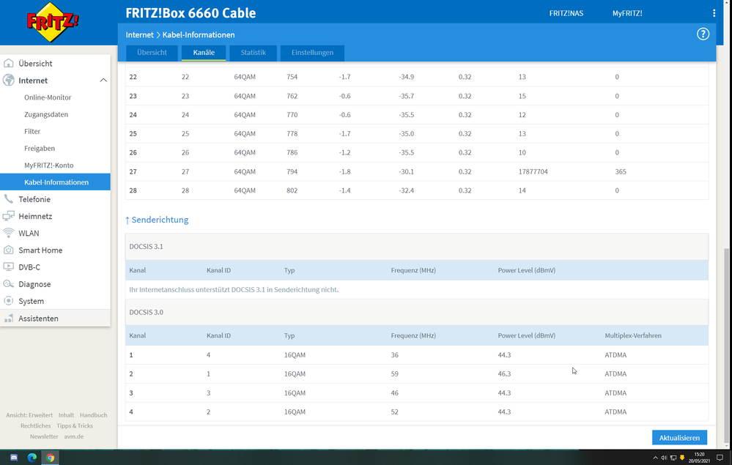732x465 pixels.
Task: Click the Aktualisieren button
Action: coord(679,438)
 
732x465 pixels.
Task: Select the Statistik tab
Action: coord(253,53)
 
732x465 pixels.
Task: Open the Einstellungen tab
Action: coord(312,53)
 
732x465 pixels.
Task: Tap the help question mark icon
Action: coord(703,34)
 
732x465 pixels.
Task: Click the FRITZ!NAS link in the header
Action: coord(566,13)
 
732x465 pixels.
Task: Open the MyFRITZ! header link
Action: coord(627,13)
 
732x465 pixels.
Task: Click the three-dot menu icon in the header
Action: coord(714,13)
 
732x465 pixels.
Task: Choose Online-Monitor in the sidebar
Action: coord(48,97)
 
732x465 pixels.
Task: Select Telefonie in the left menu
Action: coord(34,199)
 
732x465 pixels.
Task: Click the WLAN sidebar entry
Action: coord(29,233)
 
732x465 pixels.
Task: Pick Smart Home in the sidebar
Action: coord(40,250)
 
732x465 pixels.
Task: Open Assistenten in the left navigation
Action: coord(38,319)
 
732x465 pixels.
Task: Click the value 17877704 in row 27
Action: coord(533,171)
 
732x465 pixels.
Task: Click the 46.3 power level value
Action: coord(504,373)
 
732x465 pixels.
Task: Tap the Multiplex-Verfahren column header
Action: coord(633,335)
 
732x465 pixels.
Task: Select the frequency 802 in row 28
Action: coord(292,190)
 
